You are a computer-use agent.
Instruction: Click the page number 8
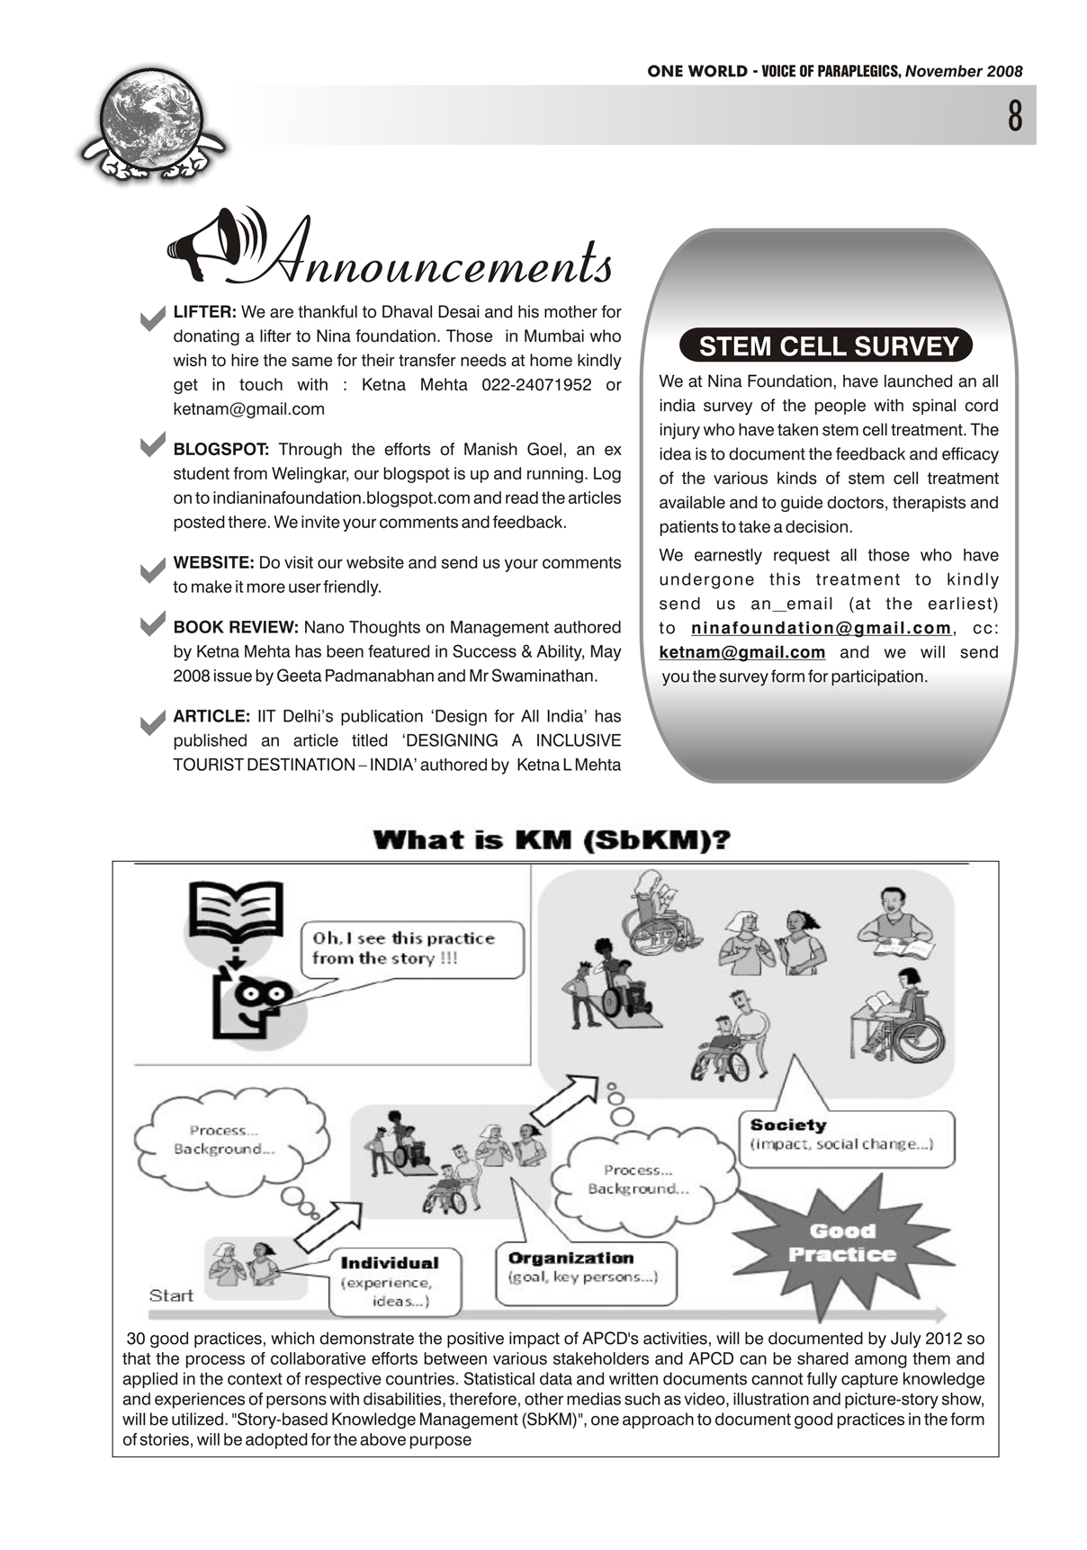coord(1015,116)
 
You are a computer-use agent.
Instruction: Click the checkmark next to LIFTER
coord(153,318)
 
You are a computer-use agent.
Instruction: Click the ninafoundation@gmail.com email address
coord(820,628)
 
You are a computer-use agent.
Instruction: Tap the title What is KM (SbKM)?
coord(552,840)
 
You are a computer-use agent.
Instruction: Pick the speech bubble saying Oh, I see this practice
coord(412,948)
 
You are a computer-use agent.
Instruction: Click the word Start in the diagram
coord(171,1295)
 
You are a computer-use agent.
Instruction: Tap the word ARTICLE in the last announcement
coord(211,717)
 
